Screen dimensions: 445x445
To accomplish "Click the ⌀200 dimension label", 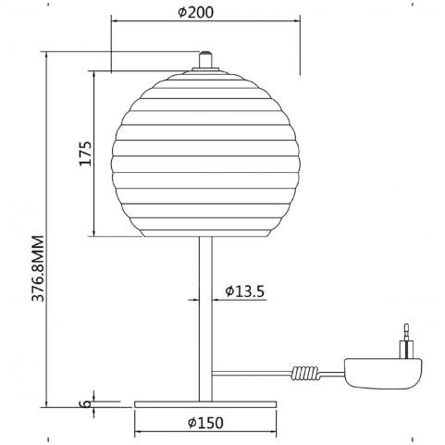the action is coord(196,12).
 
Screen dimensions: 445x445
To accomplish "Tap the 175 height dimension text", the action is coord(85,154).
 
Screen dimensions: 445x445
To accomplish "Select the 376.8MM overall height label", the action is coord(38,268).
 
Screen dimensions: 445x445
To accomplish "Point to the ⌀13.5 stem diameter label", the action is coord(245,290).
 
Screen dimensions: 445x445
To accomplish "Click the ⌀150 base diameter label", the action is coord(205,423).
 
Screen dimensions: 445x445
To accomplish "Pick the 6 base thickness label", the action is coord(87,403).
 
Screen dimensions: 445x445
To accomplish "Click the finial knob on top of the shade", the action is coord(205,60).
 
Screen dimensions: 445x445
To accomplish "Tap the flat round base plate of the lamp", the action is coord(205,404).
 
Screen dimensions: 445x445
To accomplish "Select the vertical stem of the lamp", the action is coord(205,319).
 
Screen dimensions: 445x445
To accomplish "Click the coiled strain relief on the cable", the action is coord(304,374).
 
